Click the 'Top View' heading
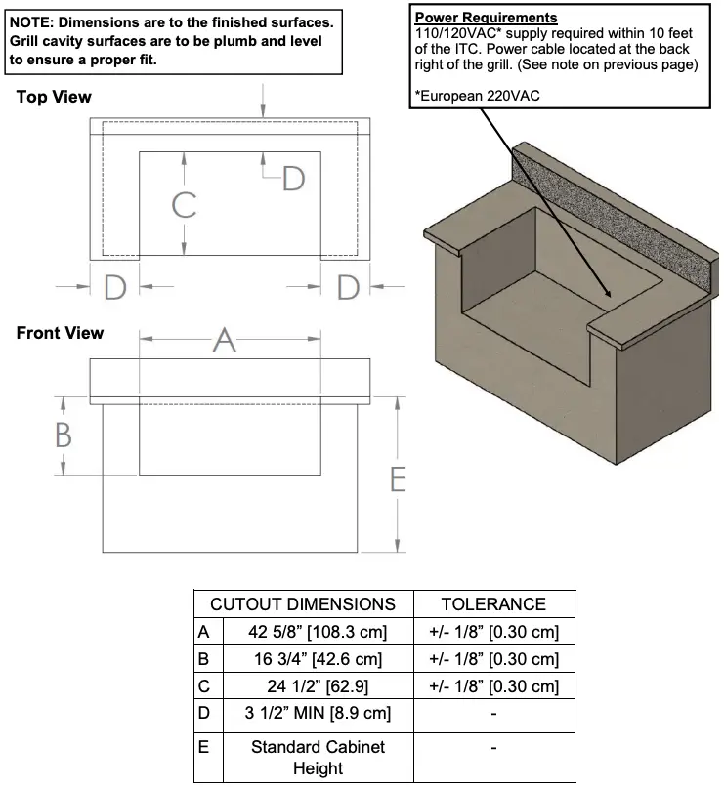[54, 97]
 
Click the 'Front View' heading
[60, 333]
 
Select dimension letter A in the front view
[225, 340]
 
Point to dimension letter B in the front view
[63, 435]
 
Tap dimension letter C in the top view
[184, 205]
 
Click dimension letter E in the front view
[398, 479]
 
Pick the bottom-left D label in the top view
[114, 287]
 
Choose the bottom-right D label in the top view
[348, 287]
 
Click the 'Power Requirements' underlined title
[486, 18]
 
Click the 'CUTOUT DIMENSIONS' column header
[303, 604]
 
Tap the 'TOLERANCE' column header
[493, 604]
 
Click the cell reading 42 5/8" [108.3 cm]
[318, 632]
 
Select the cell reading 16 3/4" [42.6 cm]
[318, 659]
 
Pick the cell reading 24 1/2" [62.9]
[318, 686]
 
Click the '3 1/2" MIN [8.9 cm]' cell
[318, 713]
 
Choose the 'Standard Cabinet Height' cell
[318, 757]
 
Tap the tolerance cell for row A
[493, 632]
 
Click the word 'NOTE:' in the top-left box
[32, 21]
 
